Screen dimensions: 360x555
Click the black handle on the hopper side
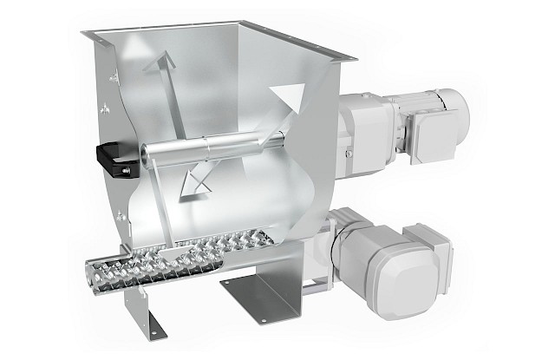point(108,157)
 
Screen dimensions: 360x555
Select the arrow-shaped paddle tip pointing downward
point(196,181)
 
